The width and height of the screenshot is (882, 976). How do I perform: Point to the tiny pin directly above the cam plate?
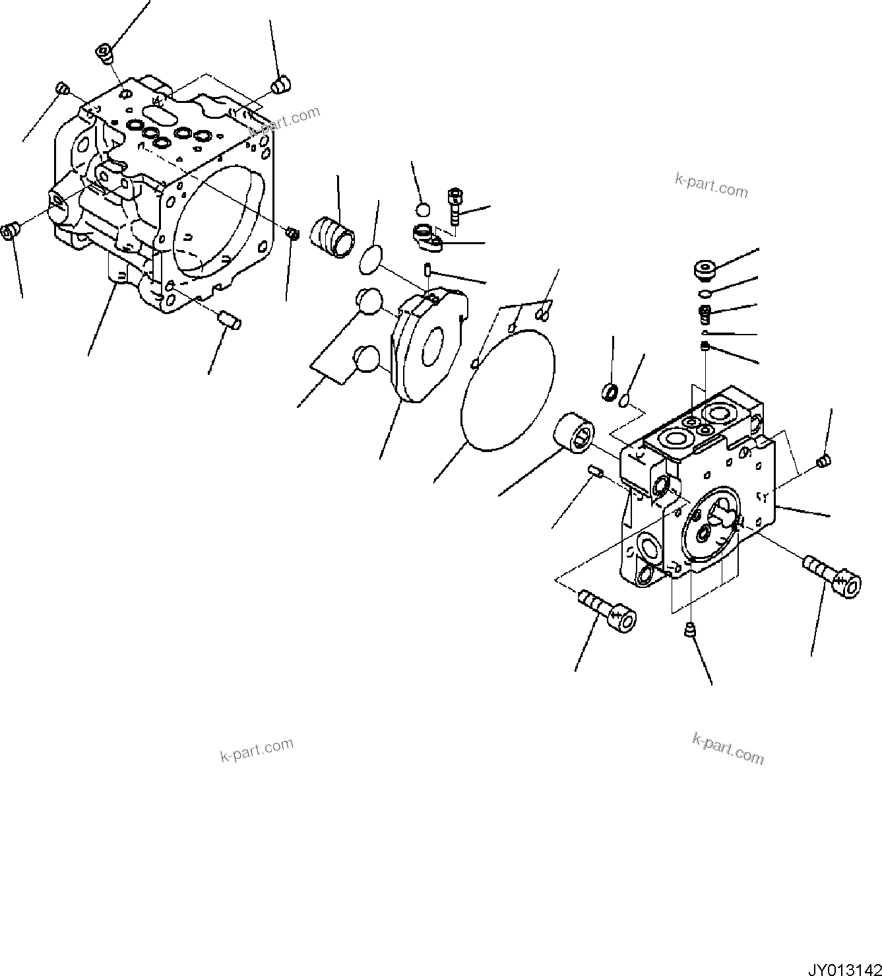pos(428,270)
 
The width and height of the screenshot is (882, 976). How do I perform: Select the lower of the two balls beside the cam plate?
pos(366,360)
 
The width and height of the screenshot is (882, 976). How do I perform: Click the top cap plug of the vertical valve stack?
pos(706,270)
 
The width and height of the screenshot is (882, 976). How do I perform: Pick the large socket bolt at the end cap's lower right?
pos(833,575)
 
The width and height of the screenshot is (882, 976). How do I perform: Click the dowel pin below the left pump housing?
pos(229,321)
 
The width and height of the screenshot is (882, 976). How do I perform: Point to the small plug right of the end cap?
pos(823,461)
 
